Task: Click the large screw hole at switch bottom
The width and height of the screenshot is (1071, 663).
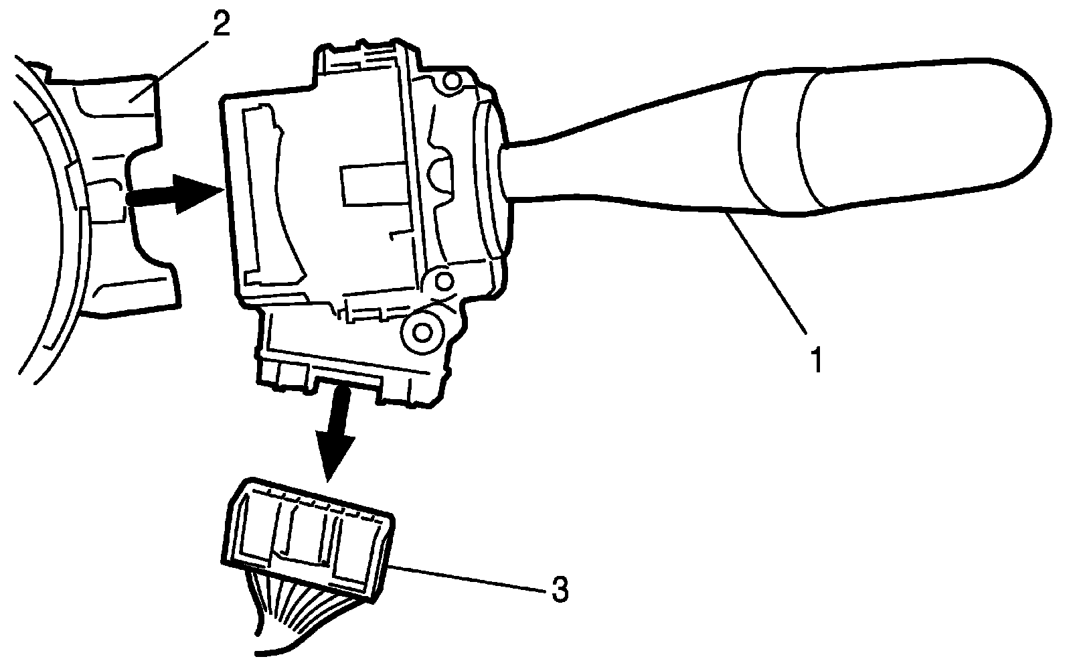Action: (x=422, y=331)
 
